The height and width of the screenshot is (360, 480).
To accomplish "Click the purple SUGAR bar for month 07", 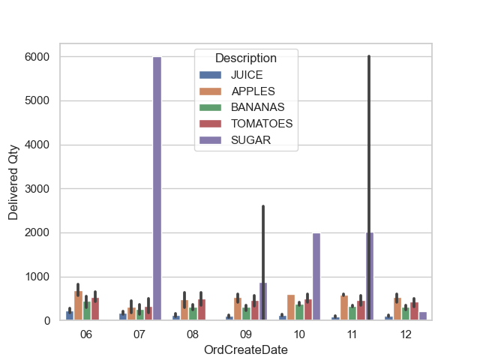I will click(157, 187).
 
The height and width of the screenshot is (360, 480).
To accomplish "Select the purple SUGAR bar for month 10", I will click(316, 277).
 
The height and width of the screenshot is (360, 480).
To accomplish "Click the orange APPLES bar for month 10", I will click(290, 308).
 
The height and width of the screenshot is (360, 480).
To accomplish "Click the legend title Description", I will click(245, 58).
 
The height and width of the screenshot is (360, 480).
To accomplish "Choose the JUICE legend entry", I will click(247, 76).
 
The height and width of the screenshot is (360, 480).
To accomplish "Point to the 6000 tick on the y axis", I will click(36, 57).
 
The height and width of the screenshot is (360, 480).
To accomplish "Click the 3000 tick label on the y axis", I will click(36, 189).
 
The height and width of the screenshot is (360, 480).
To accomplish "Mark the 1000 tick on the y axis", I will click(36, 277).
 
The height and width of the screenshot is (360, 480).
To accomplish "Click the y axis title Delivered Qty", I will click(13, 189).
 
